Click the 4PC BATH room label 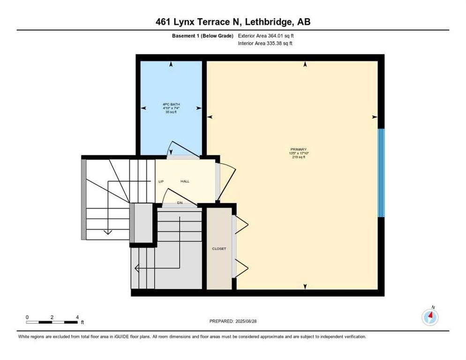point(168,105)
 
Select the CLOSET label point(219,249)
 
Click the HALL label point(185,181)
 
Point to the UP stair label point(160,181)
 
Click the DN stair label point(180,202)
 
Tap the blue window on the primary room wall point(381,172)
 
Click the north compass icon point(430,317)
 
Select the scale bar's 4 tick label point(77,317)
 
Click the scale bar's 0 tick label point(27,317)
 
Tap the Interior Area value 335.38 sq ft point(280,44)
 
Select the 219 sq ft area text point(298,157)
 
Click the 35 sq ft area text point(168,112)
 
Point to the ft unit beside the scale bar point(82,322)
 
